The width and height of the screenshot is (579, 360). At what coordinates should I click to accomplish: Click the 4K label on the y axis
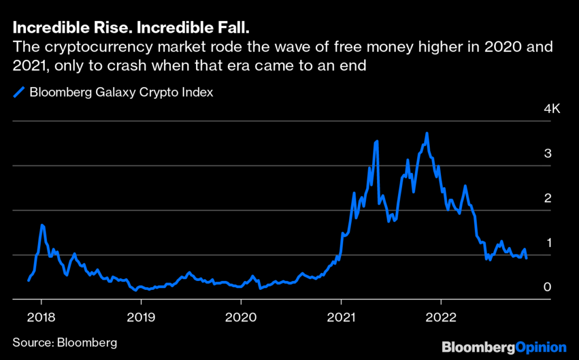[x=551, y=109]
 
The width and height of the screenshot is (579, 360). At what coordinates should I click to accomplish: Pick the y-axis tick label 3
[x=547, y=154]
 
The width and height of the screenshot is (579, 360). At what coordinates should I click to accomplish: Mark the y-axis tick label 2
[x=547, y=198]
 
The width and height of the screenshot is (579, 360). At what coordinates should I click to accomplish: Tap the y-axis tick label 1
[x=547, y=243]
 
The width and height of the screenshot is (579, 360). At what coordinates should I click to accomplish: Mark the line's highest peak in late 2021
[x=427, y=133]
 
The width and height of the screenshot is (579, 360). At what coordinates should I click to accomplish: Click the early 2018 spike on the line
[x=42, y=225]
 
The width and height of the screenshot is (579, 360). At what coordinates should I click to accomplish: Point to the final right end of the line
[x=527, y=258]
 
